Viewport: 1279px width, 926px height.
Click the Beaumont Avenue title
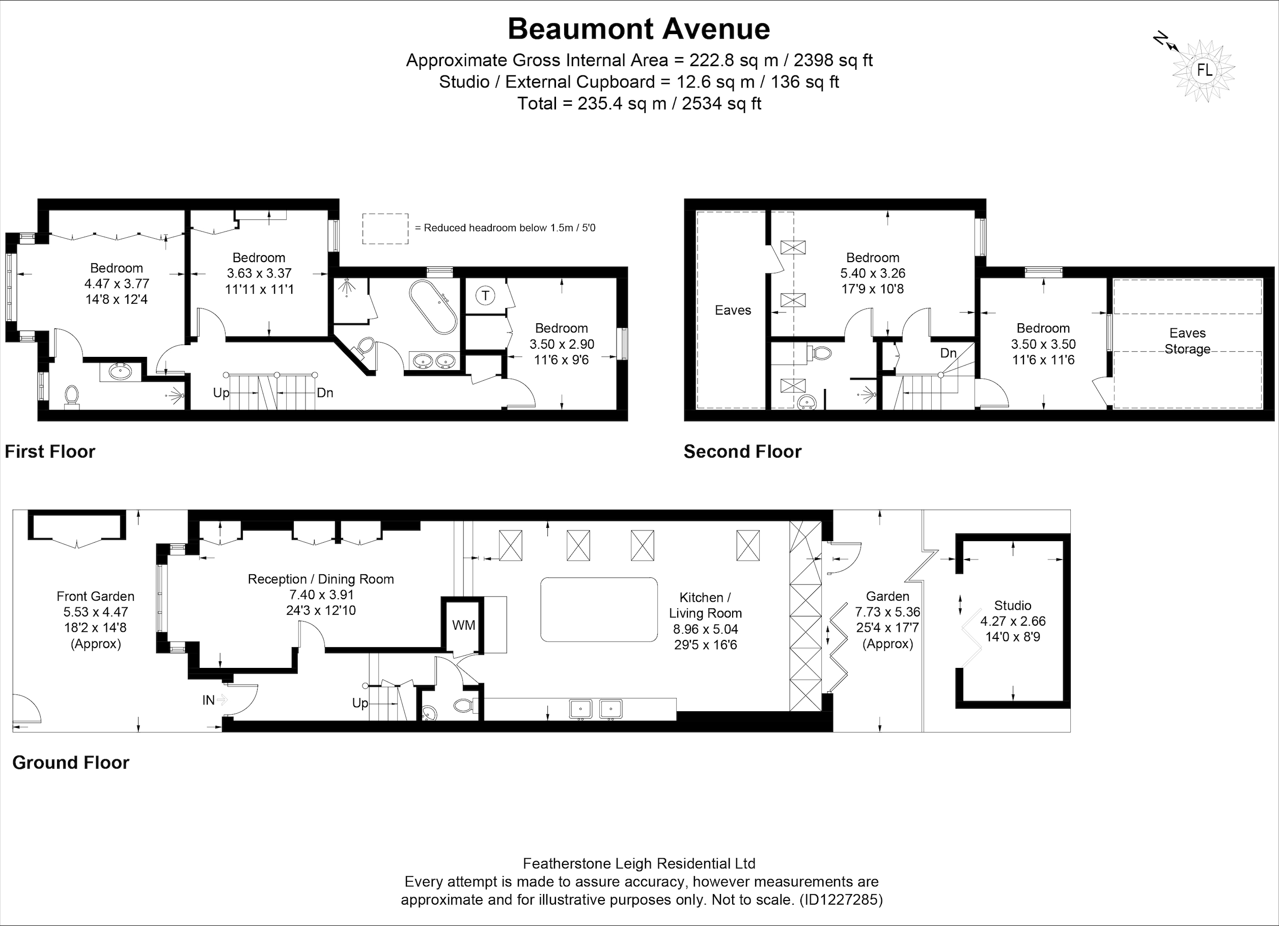point(639,30)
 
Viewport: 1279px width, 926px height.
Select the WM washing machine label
point(463,625)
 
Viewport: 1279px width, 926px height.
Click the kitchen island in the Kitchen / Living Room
point(599,609)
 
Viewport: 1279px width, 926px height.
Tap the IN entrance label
point(209,700)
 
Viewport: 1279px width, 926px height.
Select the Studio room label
point(1013,606)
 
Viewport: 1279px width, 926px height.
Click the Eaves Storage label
point(1188,341)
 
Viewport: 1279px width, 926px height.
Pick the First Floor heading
point(50,451)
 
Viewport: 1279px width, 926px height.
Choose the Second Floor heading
point(742,451)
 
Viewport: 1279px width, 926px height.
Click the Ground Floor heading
point(71,763)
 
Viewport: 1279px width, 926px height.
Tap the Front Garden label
point(95,596)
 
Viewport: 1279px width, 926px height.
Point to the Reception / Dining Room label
point(321,579)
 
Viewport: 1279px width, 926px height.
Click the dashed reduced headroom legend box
point(385,229)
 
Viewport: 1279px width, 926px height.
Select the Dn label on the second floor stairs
point(949,353)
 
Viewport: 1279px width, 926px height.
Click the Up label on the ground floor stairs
point(360,703)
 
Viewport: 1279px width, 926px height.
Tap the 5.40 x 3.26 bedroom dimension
point(873,273)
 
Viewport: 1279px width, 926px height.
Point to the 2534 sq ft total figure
point(722,104)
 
